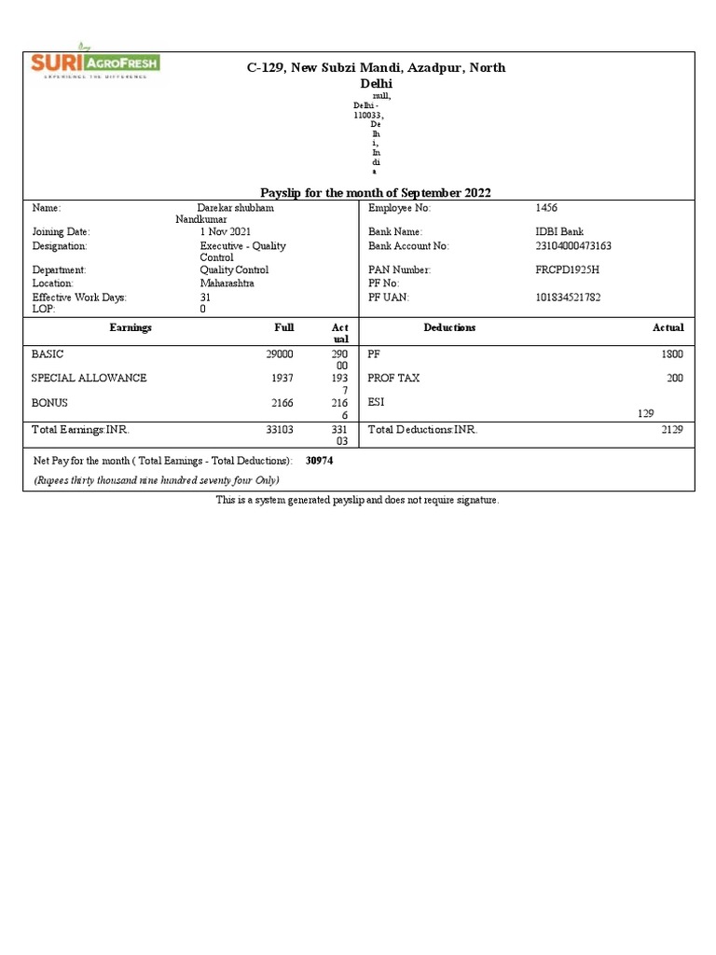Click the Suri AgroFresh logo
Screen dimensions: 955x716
95,64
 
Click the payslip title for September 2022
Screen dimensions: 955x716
375,192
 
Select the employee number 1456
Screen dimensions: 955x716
546,208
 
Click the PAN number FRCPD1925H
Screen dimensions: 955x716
567,270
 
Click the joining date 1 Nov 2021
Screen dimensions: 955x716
225,231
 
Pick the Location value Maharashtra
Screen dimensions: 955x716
227,283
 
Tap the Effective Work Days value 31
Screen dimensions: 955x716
205,298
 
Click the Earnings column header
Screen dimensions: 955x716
131,327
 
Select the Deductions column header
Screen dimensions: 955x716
449,327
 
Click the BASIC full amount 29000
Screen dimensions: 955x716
280,354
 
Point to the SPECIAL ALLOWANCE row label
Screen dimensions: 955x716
89,378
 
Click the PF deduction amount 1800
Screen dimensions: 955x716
672,354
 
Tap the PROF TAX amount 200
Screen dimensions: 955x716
675,378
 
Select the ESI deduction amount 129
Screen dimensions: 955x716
645,413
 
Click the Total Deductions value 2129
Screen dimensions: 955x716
672,430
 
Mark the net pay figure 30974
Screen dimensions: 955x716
320,461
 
